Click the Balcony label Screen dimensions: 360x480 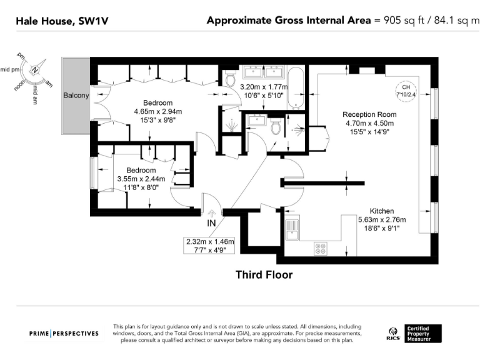coord(76,96)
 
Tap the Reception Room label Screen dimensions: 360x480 coord(369,114)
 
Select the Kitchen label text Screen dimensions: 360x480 coord(381,211)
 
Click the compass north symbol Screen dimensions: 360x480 coord(36,69)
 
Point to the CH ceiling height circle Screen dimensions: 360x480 coord(406,91)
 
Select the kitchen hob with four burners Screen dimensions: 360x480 coord(320,248)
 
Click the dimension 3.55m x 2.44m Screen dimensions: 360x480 coord(141,179)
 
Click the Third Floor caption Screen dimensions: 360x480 coord(263,274)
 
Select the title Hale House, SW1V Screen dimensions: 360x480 coord(61,21)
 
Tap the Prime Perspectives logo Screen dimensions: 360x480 coord(64,333)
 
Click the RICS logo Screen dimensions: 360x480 coord(393,333)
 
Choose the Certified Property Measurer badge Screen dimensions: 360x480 coord(423,333)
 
